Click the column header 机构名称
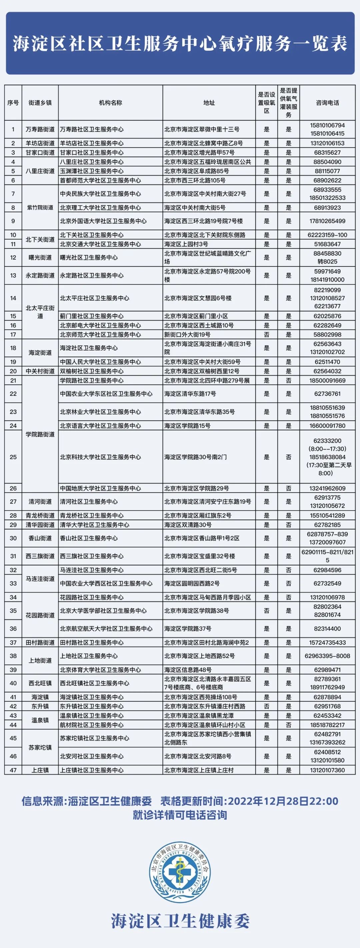[x=110, y=103]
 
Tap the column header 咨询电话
[x=327, y=103]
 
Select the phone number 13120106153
[x=327, y=143]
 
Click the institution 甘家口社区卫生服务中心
[x=92, y=152]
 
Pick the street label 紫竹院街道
[x=40, y=208]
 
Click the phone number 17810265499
[x=327, y=221]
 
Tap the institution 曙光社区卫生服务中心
[x=89, y=258]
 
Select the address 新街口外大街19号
[x=187, y=335]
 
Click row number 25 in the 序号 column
[x=13, y=457]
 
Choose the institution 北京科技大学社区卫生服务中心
[x=100, y=457]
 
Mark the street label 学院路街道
[x=40, y=434]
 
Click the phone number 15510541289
[x=327, y=515]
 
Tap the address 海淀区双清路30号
[x=188, y=525]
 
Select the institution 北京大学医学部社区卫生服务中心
[x=103, y=610]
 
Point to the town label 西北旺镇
[x=40, y=683]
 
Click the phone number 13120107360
[x=327, y=770]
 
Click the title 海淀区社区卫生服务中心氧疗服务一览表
[x=180, y=44]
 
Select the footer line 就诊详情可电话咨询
[x=180, y=815]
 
